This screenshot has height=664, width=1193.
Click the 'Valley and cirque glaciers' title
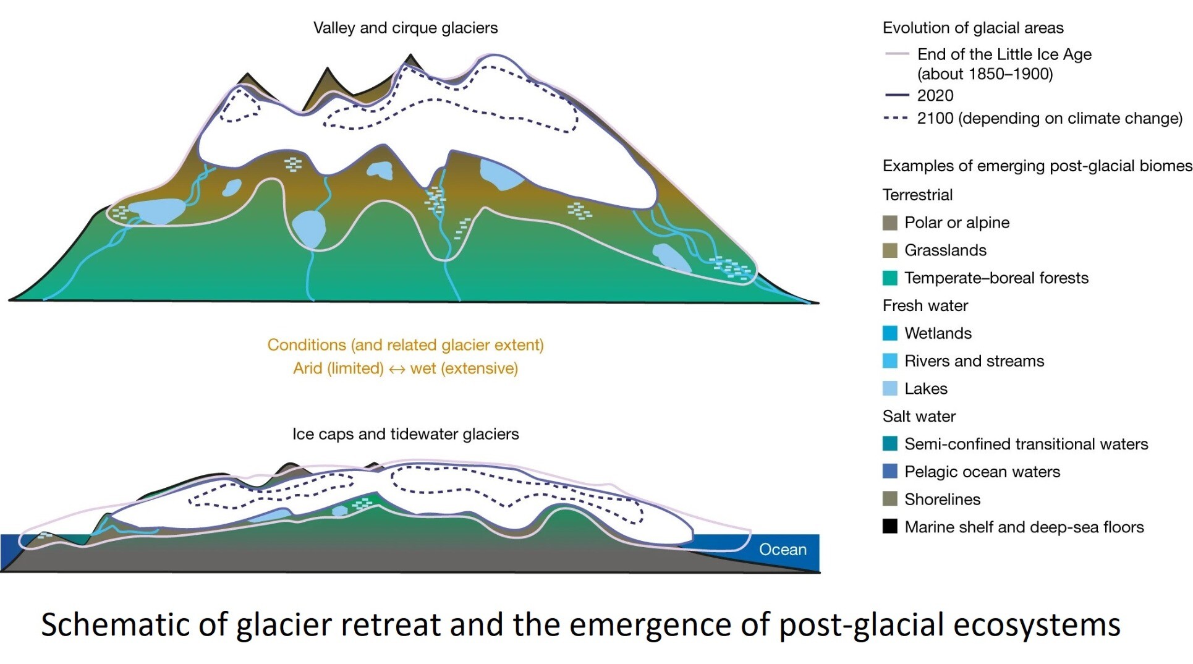(x=405, y=28)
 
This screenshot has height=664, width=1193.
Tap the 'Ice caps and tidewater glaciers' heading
(x=405, y=434)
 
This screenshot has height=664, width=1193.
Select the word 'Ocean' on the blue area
(x=783, y=550)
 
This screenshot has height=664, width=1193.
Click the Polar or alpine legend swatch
(x=890, y=223)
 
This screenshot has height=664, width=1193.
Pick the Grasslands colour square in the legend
(x=890, y=250)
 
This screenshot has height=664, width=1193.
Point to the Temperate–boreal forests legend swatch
(x=890, y=278)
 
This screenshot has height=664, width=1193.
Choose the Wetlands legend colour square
(x=890, y=333)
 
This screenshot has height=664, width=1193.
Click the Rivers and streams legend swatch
(x=890, y=361)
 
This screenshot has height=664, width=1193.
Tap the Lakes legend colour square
(x=890, y=389)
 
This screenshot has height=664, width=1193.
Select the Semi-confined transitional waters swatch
(x=890, y=444)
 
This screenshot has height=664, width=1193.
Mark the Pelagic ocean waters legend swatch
(x=890, y=472)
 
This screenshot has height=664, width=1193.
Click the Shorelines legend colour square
(x=890, y=499)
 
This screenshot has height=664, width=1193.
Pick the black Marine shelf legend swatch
(x=890, y=527)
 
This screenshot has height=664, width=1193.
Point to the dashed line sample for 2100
(x=896, y=118)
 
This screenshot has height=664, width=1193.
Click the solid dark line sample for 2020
(x=896, y=95)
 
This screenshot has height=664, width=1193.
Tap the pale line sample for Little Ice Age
(x=896, y=54)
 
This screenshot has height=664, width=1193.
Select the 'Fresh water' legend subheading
(x=925, y=305)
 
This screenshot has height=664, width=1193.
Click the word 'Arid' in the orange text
(x=308, y=368)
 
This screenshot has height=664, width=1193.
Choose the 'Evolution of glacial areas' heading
(x=973, y=28)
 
